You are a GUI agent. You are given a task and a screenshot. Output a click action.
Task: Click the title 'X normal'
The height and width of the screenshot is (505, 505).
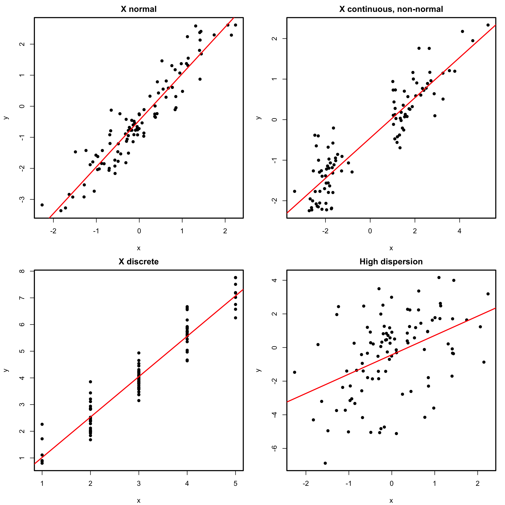click(139, 9)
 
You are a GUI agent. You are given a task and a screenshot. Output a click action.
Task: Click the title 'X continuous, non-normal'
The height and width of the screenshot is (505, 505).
click(391, 9)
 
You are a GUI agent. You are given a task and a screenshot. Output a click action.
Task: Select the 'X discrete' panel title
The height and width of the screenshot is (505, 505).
click(139, 262)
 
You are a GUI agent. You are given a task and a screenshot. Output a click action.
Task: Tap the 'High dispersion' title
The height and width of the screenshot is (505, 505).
click(391, 262)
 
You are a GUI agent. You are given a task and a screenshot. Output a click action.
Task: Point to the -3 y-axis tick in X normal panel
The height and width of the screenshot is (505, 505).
click(23, 199)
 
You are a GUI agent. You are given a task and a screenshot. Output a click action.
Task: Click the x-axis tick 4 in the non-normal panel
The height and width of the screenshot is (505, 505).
click(460, 231)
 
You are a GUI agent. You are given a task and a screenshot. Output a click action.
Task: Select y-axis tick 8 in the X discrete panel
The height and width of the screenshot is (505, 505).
click(23, 271)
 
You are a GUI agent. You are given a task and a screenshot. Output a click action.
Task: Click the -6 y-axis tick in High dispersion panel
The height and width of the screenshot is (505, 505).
click(275, 448)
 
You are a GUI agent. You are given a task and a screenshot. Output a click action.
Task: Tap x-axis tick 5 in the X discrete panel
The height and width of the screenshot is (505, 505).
click(236, 484)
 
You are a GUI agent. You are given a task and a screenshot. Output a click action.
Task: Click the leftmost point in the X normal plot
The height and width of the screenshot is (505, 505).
click(42, 205)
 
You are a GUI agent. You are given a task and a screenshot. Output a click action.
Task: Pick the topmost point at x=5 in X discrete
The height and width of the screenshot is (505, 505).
click(236, 277)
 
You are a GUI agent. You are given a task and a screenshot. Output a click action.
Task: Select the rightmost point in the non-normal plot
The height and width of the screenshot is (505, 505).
click(488, 25)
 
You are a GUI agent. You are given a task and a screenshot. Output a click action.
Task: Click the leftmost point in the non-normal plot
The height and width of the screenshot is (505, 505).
click(295, 191)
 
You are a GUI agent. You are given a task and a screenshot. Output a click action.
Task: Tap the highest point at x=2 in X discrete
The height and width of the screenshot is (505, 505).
click(90, 382)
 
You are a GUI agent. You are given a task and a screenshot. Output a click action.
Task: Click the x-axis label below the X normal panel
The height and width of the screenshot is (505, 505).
click(139, 248)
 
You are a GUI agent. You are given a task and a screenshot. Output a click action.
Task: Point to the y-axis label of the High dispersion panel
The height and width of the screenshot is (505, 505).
click(259, 370)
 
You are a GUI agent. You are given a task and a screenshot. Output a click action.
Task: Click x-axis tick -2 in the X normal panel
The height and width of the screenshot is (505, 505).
click(53, 231)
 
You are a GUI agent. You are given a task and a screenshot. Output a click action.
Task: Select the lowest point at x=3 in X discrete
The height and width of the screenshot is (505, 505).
click(139, 400)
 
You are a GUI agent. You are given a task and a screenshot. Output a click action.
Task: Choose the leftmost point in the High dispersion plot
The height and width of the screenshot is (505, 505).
click(295, 372)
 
